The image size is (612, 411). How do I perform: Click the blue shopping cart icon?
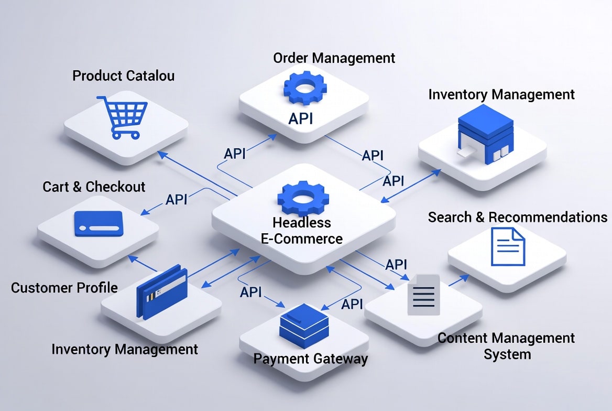pyautogui.click(x=122, y=117)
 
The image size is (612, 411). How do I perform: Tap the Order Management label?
pyautogui.click(x=334, y=58)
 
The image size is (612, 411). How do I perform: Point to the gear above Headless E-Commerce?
pyautogui.click(x=302, y=198)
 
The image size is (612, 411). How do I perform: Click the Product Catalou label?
pyautogui.click(x=123, y=75)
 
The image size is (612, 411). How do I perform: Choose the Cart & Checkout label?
pyautogui.click(x=94, y=187)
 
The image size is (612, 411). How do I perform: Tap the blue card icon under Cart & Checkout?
pyautogui.click(x=98, y=223)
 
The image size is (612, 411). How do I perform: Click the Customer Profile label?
pyautogui.click(x=64, y=287)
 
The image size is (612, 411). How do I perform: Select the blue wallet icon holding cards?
pyautogui.click(x=161, y=291)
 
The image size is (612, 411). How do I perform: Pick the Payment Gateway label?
pyautogui.click(x=310, y=359)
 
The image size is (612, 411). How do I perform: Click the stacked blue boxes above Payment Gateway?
pyautogui.click(x=304, y=322)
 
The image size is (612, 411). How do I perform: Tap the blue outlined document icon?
pyautogui.click(x=508, y=246)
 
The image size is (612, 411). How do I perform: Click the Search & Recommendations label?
pyautogui.click(x=518, y=217)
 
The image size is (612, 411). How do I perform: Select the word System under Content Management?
pyautogui.click(x=507, y=354)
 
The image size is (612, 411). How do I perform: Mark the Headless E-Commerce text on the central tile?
pyautogui.click(x=302, y=231)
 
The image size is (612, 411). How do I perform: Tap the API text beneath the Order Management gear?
pyautogui.click(x=301, y=118)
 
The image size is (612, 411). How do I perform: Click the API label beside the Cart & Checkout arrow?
pyautogui.click(x=177, y=199)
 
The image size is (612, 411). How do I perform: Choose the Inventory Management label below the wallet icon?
pyautogui.click(x=125, y=349)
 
